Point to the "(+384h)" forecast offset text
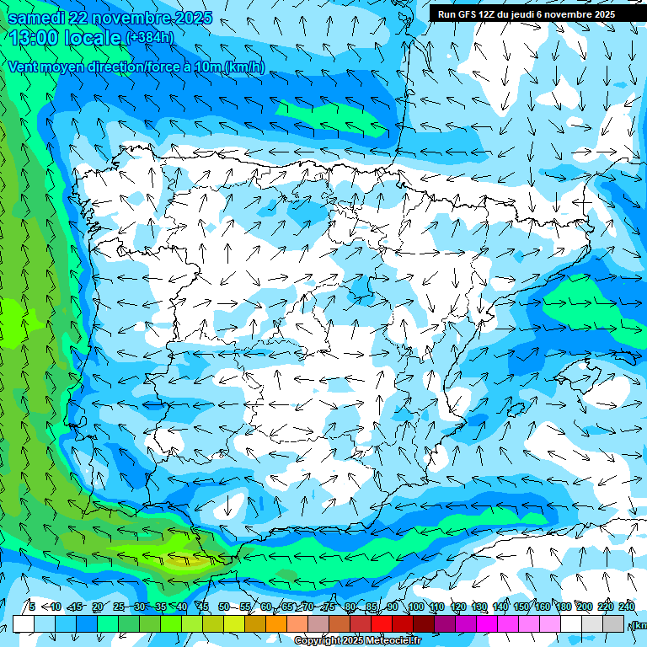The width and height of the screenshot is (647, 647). point(150,37)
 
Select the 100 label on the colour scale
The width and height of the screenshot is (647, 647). point(416,607)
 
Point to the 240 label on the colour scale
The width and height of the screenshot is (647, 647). point(627,607)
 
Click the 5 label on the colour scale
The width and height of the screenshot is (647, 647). point(32,607)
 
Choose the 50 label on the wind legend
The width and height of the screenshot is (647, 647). point(224,607)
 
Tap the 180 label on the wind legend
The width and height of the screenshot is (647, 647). point(564,607)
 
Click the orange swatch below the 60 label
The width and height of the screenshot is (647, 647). point(276,624)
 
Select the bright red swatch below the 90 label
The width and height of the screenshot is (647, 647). point(382,624)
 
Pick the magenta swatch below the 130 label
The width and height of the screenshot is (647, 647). point(487,624)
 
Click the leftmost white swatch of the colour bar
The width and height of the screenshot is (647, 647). point(24,624)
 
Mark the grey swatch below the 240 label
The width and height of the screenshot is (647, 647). point(613,624)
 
